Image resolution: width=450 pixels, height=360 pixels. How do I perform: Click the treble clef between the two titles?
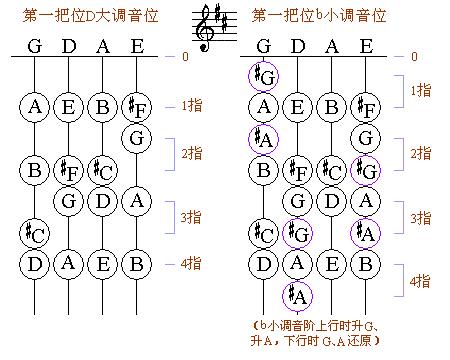tap(212, 27)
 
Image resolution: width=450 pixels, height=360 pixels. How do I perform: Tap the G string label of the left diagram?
tap(35, 45)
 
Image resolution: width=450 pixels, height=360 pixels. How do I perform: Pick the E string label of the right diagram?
tap(366, 45)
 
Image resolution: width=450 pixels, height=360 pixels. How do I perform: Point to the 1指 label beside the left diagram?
tap(195, 105)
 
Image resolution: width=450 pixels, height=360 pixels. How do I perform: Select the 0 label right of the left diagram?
tap(184, 56)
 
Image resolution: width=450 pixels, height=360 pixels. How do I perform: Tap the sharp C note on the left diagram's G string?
tap(35, 234)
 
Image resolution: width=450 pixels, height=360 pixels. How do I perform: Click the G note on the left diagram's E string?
tap(136, 137)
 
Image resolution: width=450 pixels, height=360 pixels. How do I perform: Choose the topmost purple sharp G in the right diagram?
tap(265, 76)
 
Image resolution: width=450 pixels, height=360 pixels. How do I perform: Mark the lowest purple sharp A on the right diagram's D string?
tap(298, 295)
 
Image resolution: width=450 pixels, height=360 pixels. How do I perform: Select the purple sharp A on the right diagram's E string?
tap(366, 234)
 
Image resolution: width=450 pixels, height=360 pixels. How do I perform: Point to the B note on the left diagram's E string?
tap(136, 264)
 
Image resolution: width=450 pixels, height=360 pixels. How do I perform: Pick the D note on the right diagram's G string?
tap(265, 264)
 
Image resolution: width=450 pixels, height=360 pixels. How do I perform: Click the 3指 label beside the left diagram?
tap(195, 217)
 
